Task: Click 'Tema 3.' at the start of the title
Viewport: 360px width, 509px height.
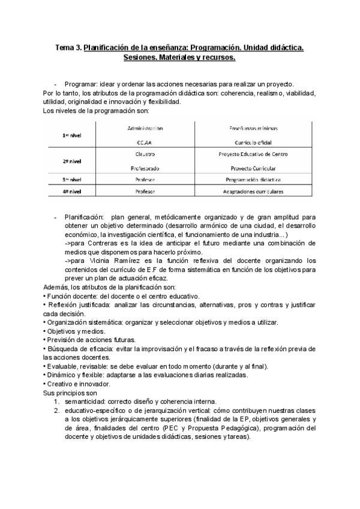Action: click(68, 47)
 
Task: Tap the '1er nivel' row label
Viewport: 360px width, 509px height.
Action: click(72, 136)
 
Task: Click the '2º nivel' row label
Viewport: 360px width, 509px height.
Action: click(72, 161)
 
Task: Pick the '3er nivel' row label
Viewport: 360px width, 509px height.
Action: click(72, 179)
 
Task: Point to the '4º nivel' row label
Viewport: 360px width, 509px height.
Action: click(72, 192)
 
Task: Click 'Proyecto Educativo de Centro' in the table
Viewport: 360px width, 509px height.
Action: click(250, 154)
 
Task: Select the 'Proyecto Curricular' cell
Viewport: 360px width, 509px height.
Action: click(250, 169)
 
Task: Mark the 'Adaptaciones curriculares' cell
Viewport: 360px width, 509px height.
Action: click(250, 192)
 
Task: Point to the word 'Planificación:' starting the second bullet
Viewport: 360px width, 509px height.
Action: click(85, 217)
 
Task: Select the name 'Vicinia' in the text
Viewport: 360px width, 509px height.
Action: click(97, 261)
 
